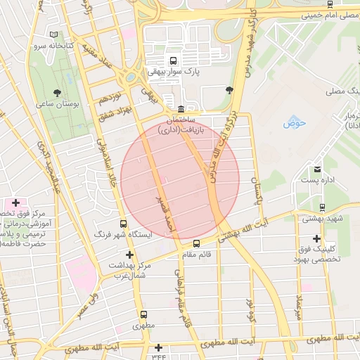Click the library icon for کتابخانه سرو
tap(55, 34)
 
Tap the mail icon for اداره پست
tap(317, 170)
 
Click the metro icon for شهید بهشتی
tap(321, 207)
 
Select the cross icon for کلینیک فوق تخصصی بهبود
tap(316, 239)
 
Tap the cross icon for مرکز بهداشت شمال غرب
tap(129, 255)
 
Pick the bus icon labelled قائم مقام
tap(196, 244)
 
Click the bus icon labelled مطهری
tap(144, 314)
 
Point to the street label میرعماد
tap(299, 306)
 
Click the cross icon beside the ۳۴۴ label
tap(159, 347)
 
